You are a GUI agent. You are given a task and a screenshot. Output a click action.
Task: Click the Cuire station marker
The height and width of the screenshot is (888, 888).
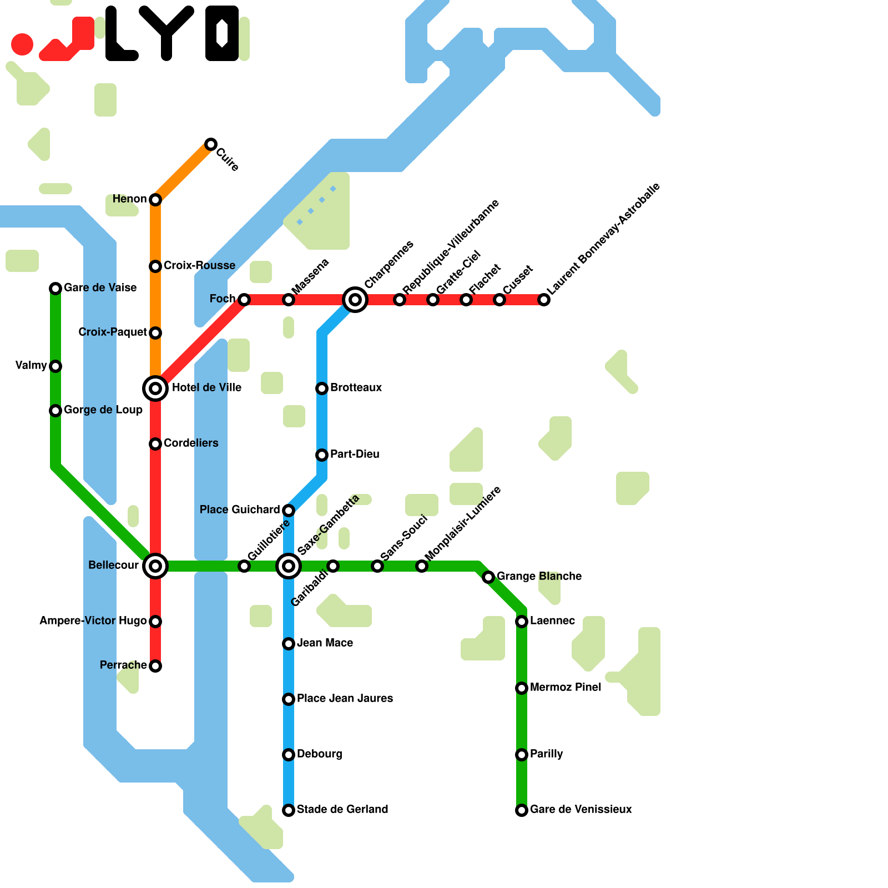[x=211, y=144]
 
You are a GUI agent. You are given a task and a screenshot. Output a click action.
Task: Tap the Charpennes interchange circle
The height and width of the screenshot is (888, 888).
[x=355, y=300]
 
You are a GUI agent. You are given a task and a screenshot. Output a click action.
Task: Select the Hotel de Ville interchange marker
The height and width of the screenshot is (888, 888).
[x=155, y=389]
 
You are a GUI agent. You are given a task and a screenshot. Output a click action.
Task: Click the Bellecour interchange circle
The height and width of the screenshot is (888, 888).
[x=155, y=566]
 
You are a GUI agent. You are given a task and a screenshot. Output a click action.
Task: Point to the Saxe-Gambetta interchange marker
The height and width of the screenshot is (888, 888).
[x=289, y=566]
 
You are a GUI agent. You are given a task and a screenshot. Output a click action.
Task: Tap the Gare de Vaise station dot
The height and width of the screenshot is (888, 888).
[x=56, y=289]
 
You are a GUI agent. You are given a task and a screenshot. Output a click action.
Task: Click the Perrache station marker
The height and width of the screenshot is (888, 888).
[x=155, y=666]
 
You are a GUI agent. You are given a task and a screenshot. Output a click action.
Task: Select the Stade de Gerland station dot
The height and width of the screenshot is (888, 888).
[x=289, y=810]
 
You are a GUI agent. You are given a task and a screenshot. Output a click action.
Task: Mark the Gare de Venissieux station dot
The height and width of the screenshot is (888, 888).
[x=522, y=810]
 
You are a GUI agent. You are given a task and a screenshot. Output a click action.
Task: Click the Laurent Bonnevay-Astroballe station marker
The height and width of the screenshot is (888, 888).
[x=544, y=300]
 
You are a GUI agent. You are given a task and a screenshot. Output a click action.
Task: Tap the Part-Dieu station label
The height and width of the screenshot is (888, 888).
[x=355, y=455]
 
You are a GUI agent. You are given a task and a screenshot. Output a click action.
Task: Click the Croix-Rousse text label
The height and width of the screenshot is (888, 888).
[x=199, y=266]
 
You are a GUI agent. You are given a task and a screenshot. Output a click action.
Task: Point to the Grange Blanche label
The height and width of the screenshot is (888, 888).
[x=539, y=577]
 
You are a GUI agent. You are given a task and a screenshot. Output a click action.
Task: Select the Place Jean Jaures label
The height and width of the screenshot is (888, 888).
[x=345, y=699]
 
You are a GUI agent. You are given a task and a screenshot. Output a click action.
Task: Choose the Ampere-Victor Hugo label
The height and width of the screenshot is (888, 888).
[x=93, y=621]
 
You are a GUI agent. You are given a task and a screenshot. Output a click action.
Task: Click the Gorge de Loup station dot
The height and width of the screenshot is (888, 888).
[x=56, y=411]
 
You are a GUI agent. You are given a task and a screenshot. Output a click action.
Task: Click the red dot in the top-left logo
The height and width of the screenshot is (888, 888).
[x=22, y=44]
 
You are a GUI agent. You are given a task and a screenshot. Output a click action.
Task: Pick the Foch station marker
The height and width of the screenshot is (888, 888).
[x=244, y=300]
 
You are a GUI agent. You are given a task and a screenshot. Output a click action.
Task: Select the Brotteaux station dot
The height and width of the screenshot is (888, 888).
[x=322, y=389]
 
